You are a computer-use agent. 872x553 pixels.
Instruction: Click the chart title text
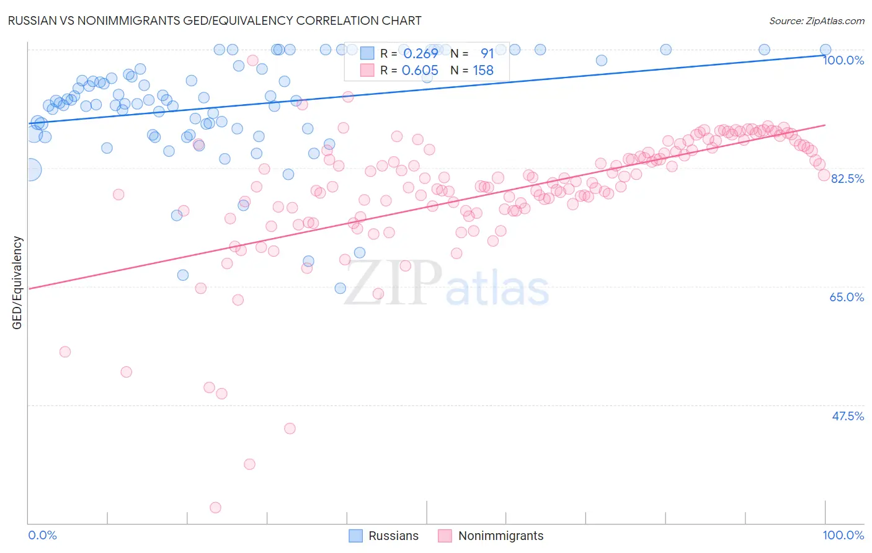pyautogui.click(x=215, y=20)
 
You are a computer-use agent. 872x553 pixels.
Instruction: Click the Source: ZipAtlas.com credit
pyautogui.click(x=816, y=20)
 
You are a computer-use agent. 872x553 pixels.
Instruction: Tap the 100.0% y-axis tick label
pyautogui.click(x=843, y=60)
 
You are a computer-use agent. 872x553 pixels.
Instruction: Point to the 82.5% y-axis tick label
pyautogui.click(x=847, y=179)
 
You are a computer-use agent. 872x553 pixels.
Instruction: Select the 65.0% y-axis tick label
pyautogui.click(x=847, y=297)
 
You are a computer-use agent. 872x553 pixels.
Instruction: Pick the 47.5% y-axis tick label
pyautogui.click(x=847, y=416)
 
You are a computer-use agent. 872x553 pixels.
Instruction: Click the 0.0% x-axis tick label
pyautogui.click(x=42, y=535)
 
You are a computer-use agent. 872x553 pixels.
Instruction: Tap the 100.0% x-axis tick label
pyautogui.click(x=843, y=535)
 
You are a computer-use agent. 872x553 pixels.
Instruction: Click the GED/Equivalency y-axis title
pyautogui.click(x=17, y=283)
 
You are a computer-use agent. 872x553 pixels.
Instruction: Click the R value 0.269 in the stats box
pyautogui.click(x=420, y=53)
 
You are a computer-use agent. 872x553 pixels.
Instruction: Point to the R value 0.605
pyautogui.click(x=420, y=71)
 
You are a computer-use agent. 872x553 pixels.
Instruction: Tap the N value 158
pyautogui.click(x=483, y=71)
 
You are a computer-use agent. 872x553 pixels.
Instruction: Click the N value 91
pyautogui.click(x=487, y=53)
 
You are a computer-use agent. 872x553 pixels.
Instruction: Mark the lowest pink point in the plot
pyautogui.click(x=215, y=508)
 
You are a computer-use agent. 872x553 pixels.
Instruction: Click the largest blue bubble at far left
pyautogui.click(x=30, y=169)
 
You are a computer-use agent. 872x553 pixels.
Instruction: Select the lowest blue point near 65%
pyautogui.click(x=340, y=288)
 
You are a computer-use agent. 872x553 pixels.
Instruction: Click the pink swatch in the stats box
pyautogui.click(x=367, y=71)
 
